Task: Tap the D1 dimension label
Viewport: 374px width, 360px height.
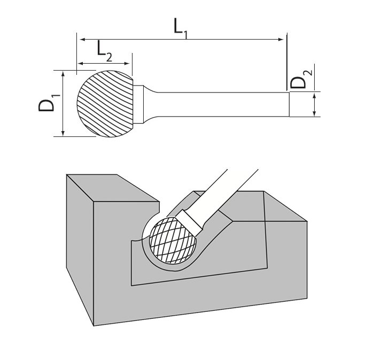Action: pyautogui.click(x=48, y=102)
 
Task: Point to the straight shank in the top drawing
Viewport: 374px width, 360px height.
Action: pyautogui.click(x=224, y=104)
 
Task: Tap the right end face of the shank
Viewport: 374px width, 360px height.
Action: pyautogui.click(x=289, y=104)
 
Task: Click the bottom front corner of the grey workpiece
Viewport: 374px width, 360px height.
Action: pyautogui.click(x=94, y=324)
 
